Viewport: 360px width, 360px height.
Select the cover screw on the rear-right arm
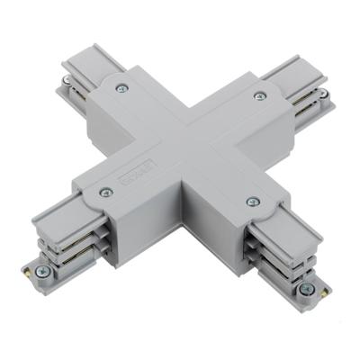click(261, 95)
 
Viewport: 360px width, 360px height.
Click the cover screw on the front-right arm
click(253, 201)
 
